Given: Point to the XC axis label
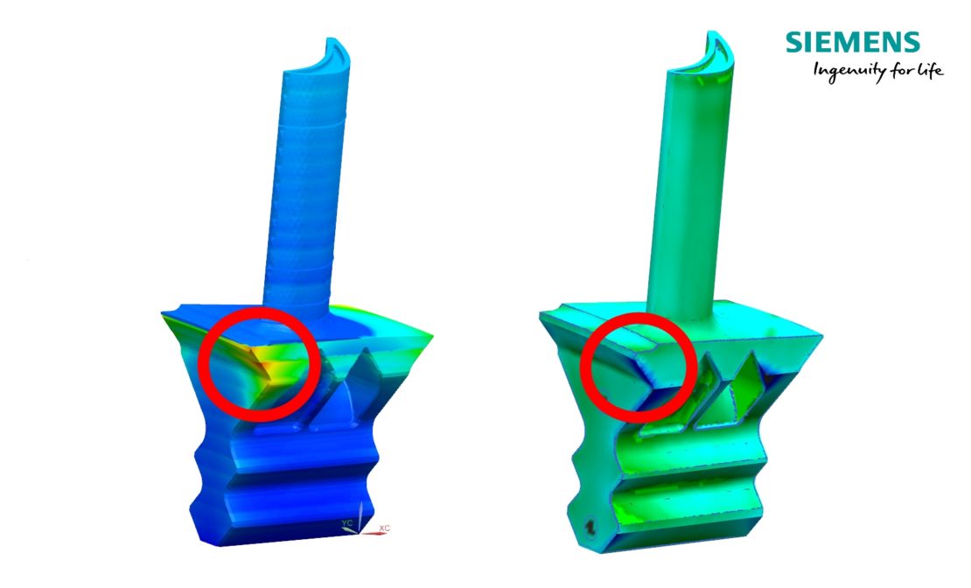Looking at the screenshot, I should tap(384, 528).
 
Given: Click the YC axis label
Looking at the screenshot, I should tap(346, 522).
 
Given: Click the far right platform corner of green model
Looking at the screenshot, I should tap(821, 334).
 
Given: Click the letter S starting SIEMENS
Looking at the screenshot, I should tap(793, 42).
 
